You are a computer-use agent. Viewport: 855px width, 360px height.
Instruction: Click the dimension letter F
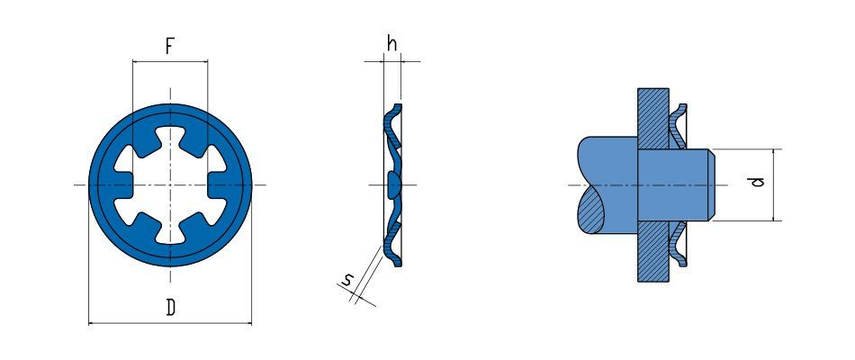pos(169,47)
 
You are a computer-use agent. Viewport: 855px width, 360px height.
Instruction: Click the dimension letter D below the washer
pos(171,309)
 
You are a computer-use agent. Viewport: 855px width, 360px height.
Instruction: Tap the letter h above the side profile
pos(391,43)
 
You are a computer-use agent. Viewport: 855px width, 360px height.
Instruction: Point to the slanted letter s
pos(346,281)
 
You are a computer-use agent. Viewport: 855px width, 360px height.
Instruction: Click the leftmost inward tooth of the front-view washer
pos(123,184)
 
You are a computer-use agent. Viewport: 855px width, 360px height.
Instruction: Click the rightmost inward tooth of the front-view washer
pos(217,184)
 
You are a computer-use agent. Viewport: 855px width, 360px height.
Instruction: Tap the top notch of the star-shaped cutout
pos(170,134)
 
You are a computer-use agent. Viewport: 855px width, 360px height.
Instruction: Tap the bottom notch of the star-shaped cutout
pos(170,235)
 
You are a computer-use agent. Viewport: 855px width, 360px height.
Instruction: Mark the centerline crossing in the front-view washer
pos(170,184)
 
